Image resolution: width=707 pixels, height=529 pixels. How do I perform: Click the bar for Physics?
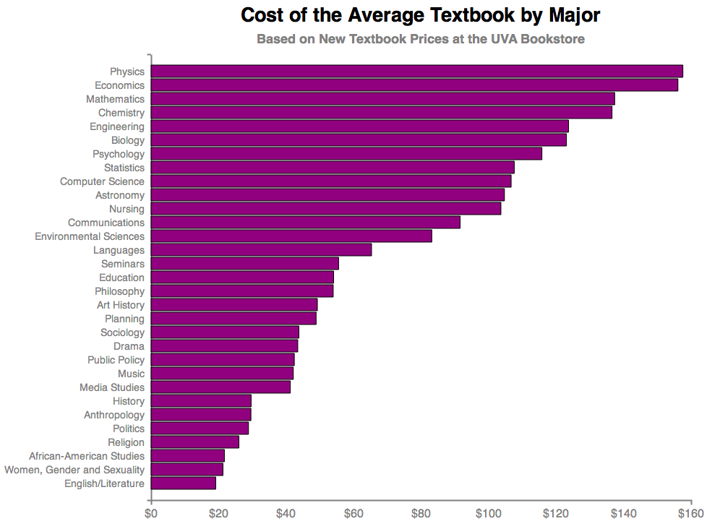tap(416, 72)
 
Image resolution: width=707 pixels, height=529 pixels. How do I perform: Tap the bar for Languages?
tap(261, 250)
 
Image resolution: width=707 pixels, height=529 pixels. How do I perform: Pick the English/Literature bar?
tap(184, 483)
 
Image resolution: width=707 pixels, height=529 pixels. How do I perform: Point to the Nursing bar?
tap(326, 209)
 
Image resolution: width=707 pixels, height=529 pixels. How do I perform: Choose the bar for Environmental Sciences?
tap(291, 236)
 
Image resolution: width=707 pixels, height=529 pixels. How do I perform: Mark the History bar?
tap(201, 401)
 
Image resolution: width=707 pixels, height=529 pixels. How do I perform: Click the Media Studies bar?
tap(220, 387)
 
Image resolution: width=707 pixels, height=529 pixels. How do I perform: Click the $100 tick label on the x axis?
tap(489, 515)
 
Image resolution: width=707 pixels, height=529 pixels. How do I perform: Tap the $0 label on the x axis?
tap(151, 515)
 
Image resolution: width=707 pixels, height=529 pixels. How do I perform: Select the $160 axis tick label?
tap(690, 515)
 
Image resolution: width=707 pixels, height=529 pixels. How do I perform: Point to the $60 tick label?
tap(353, 515)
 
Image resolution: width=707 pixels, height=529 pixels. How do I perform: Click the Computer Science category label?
tap(102, 181)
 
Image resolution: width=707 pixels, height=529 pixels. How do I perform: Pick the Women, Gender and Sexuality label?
tap(74, 470)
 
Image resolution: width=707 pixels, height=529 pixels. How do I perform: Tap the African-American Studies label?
tap(87, 456)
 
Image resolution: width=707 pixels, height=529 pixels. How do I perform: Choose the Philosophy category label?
tap(119, 291)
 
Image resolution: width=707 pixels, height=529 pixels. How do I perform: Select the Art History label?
tap(121, 305)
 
